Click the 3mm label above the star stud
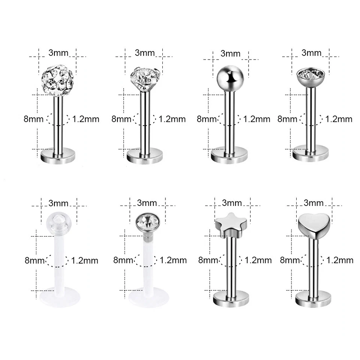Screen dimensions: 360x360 [x=232, y=203]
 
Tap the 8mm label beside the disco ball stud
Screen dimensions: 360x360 [x=34, y=119]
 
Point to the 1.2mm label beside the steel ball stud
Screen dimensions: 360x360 [x=256, y=119]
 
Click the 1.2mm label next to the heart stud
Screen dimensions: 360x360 [x=340, y=260]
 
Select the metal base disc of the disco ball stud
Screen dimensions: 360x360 [x=58, y=155]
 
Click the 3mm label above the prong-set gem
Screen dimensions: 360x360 [x=144, y=52]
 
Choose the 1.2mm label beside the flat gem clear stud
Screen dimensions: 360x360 [x=173, y=260]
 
